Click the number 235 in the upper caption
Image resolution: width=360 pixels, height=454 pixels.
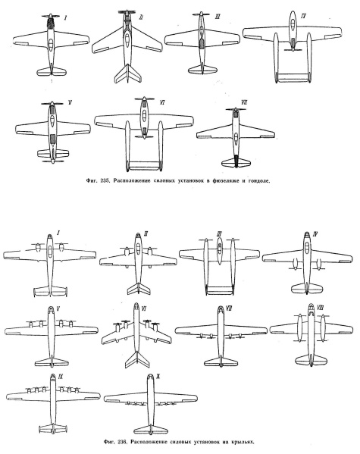(x=104, y=180)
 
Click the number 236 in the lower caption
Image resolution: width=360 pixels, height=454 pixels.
(x=123, y=442)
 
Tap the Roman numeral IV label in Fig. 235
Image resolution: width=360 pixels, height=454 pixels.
(x=303, y=16)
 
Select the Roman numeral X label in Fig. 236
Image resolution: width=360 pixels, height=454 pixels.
(x=158, y=377)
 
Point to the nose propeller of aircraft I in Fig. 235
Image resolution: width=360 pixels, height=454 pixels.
(x=50, y=16)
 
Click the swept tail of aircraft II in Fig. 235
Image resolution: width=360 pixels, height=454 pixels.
(x=128, y=74)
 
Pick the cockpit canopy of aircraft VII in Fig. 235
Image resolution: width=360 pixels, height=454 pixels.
(x=236, y=136)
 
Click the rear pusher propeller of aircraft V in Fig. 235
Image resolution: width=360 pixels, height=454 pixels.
(x=53, y=161)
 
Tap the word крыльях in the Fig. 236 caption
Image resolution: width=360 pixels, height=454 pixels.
(x=243, y=442)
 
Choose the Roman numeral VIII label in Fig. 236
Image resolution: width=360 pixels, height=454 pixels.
(x=321, y=308)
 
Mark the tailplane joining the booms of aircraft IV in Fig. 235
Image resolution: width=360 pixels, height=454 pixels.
(x=293, y=77)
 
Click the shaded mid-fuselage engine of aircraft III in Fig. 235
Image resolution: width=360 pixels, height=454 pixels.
(x=202, y=43)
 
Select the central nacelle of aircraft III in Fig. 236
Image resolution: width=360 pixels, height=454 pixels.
(x=219, y=251)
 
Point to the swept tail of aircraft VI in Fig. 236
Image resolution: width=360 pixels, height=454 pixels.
(x=137, y=359)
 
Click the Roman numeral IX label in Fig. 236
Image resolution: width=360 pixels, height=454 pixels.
(x=61, y=377)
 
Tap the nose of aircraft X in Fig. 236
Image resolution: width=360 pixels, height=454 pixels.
(x=150, y=377)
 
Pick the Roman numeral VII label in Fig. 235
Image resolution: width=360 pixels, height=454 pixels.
(x=244, y=103)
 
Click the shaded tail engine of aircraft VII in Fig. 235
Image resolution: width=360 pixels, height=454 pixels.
(x=236, y=161)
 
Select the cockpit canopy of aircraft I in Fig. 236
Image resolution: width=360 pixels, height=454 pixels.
(x=50, y=252)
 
